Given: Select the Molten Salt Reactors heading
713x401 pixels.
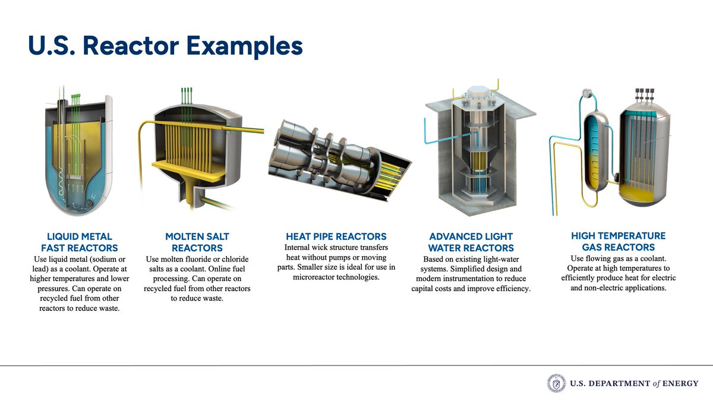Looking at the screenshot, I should tap(197, 242).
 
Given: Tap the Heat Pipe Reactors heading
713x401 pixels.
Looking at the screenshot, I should tap(336, 236).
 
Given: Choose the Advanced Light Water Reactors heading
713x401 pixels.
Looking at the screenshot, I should tap(471, 242).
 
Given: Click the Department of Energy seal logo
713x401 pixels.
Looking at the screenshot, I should tap(556, 383).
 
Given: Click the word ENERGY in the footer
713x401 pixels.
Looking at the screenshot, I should tap(680, 383).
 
